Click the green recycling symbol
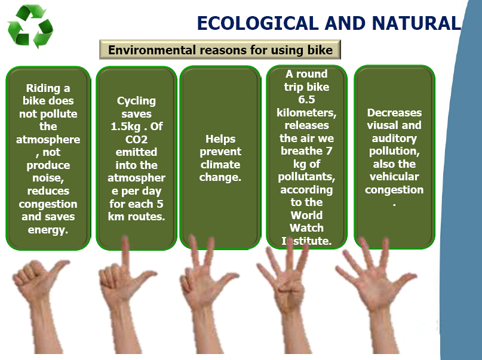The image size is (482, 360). [x=30, y=26]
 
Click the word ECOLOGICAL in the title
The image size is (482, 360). [x=257, y=23]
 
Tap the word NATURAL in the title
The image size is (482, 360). [x=416, y=23]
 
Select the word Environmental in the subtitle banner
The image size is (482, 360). [x=152, y=50]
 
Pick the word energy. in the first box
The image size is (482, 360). [x=48, y=230]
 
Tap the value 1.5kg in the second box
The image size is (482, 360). [x=125, y=126]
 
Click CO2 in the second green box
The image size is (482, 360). [x=137, y=140]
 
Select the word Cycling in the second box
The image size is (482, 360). [x=137, y=101]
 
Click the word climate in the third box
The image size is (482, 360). [x=220, y=165]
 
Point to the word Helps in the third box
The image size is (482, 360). [x=220, y=139]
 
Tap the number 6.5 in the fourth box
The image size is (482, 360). [x=306, y=100]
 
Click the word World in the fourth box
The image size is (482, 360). [x=306, y=215]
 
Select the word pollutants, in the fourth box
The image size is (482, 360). [x=306, y=177]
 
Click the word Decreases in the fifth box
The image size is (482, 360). [x=394, y=112]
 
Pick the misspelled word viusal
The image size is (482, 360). [x=380, y=125]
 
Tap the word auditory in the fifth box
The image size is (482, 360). [x=394, y=139]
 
